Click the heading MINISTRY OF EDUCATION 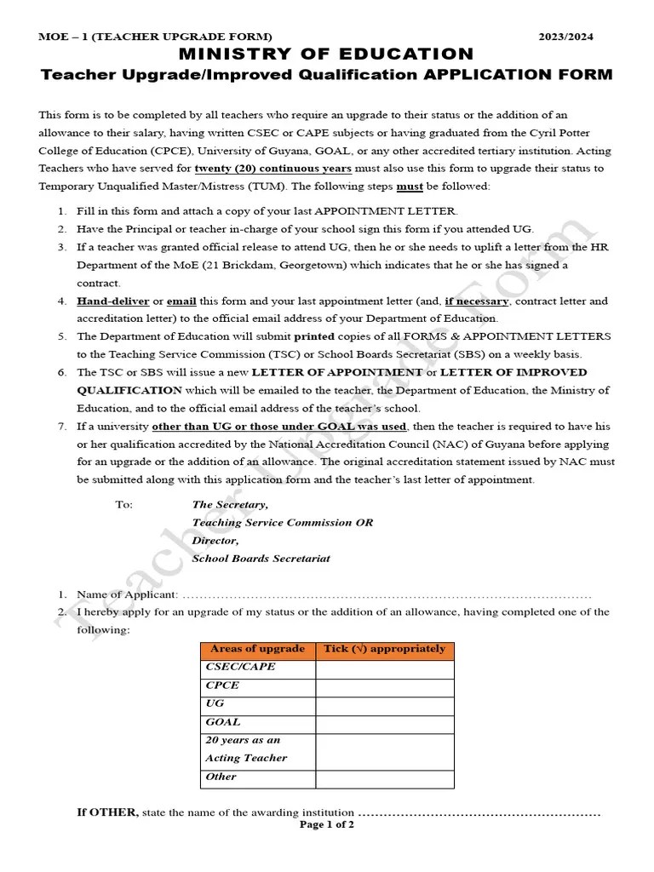pos(326,54)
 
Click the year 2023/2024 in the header pos(566,37)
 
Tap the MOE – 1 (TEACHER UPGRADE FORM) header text pos(155,37)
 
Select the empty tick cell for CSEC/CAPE pos(384,668)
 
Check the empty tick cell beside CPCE pos(384,686)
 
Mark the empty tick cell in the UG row pos(384,705)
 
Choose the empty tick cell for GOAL pos(384,723)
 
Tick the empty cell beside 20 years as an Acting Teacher pos(384,750)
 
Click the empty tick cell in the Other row pos(384,778)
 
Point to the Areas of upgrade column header pos(257,650)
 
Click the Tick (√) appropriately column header pos(384,650)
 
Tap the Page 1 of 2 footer pos(327,825)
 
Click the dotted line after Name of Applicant pos(387,595)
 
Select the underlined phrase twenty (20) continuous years pos(272,169)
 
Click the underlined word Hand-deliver pos(112,301)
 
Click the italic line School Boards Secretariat pos(261,559)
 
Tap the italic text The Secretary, pos(230,505)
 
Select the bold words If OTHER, pos(107,812)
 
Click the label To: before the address pos(124,505)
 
